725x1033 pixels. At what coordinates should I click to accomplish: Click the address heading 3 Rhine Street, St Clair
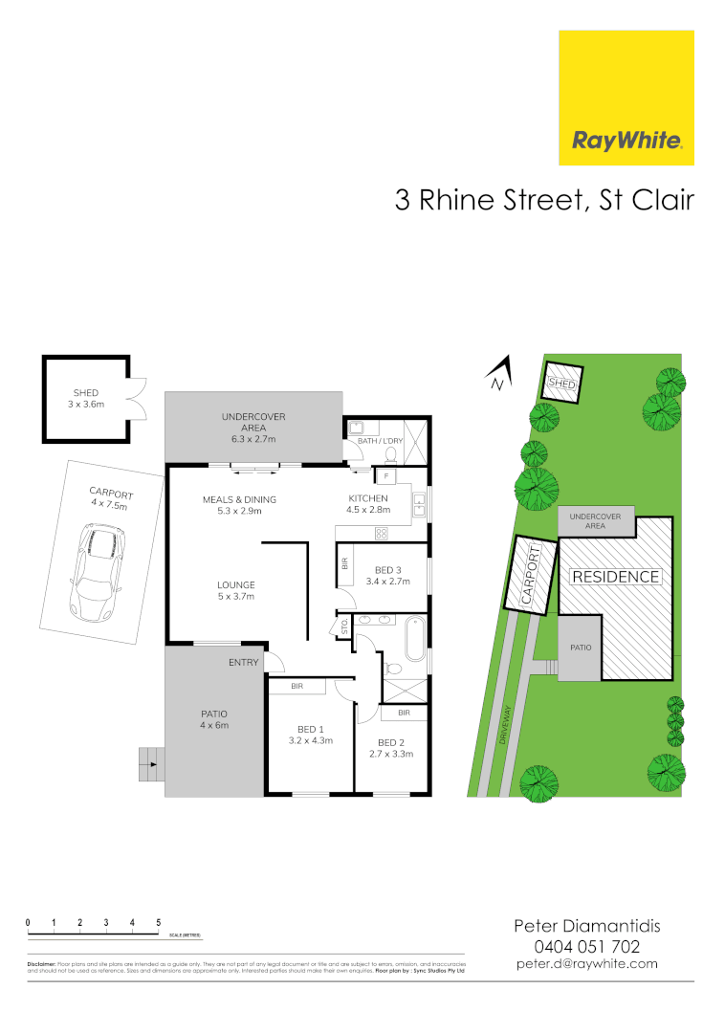[x=544, y=201]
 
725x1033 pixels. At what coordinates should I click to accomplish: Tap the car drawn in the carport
[x=96, y=572]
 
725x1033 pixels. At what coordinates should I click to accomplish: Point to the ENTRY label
[x=243, y=662]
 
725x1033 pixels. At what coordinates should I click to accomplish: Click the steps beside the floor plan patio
[x=150, y=762]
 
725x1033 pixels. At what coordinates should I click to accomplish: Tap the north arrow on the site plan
[x=499, y=373]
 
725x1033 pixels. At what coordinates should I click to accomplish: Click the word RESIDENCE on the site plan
[x=615, y=577]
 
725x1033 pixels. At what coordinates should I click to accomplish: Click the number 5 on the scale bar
[x=158, y=922]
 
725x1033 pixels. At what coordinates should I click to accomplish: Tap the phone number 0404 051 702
[x=587, y=946]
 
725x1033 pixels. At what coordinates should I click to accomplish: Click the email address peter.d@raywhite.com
[x=587, y=964]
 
